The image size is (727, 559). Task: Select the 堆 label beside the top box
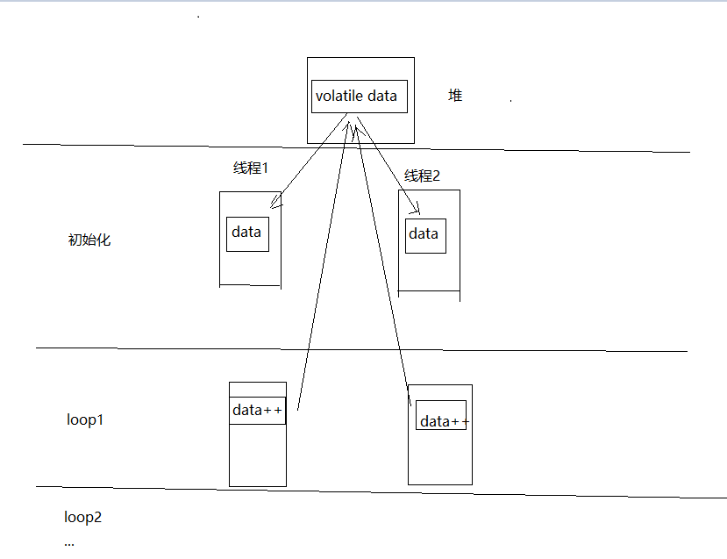click(455, 96)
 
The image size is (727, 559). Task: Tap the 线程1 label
click(250, 168)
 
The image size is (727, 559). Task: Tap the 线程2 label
click(422, 176)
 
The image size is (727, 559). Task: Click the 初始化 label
click(89, 240)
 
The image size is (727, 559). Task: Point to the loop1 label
click(85, 419)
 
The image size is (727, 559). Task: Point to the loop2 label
click(83, 517)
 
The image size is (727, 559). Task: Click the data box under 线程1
click(247, 233)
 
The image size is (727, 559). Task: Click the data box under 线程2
click(425, 235)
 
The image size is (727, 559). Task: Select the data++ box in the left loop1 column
click(258, 411)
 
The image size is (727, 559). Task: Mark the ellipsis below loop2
click(70, 543)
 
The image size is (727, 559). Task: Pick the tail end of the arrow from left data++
click(298, 409)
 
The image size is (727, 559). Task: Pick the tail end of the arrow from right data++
click(410, 403)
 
